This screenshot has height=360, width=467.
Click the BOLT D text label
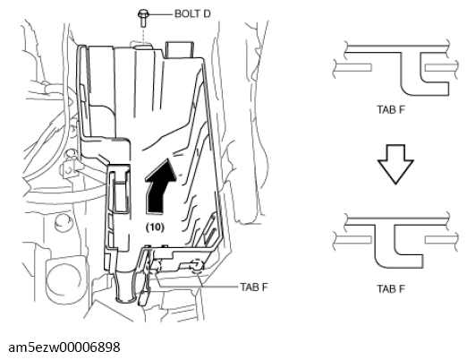pos(192,13)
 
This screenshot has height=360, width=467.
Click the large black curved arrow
pos(159,186)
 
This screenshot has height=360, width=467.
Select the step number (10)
pos(155,227)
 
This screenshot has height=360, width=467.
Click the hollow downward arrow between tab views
pos(395,164)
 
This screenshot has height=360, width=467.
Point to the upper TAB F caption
pos(391,110)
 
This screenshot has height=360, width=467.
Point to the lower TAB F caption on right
pos(391,289)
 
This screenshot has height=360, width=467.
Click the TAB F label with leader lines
pos(254,287)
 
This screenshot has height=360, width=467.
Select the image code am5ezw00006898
pos(64,347)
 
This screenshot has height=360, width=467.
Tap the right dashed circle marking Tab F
pos(197,265)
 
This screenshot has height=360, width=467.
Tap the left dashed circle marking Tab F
pos(156,266)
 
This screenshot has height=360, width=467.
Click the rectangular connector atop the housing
pos(179,49)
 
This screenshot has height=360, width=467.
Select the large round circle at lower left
pos(63,278)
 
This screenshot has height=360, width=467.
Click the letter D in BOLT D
pos(207,13)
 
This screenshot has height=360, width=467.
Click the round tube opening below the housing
pos(125,299)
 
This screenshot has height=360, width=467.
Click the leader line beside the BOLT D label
pos(160,14)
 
